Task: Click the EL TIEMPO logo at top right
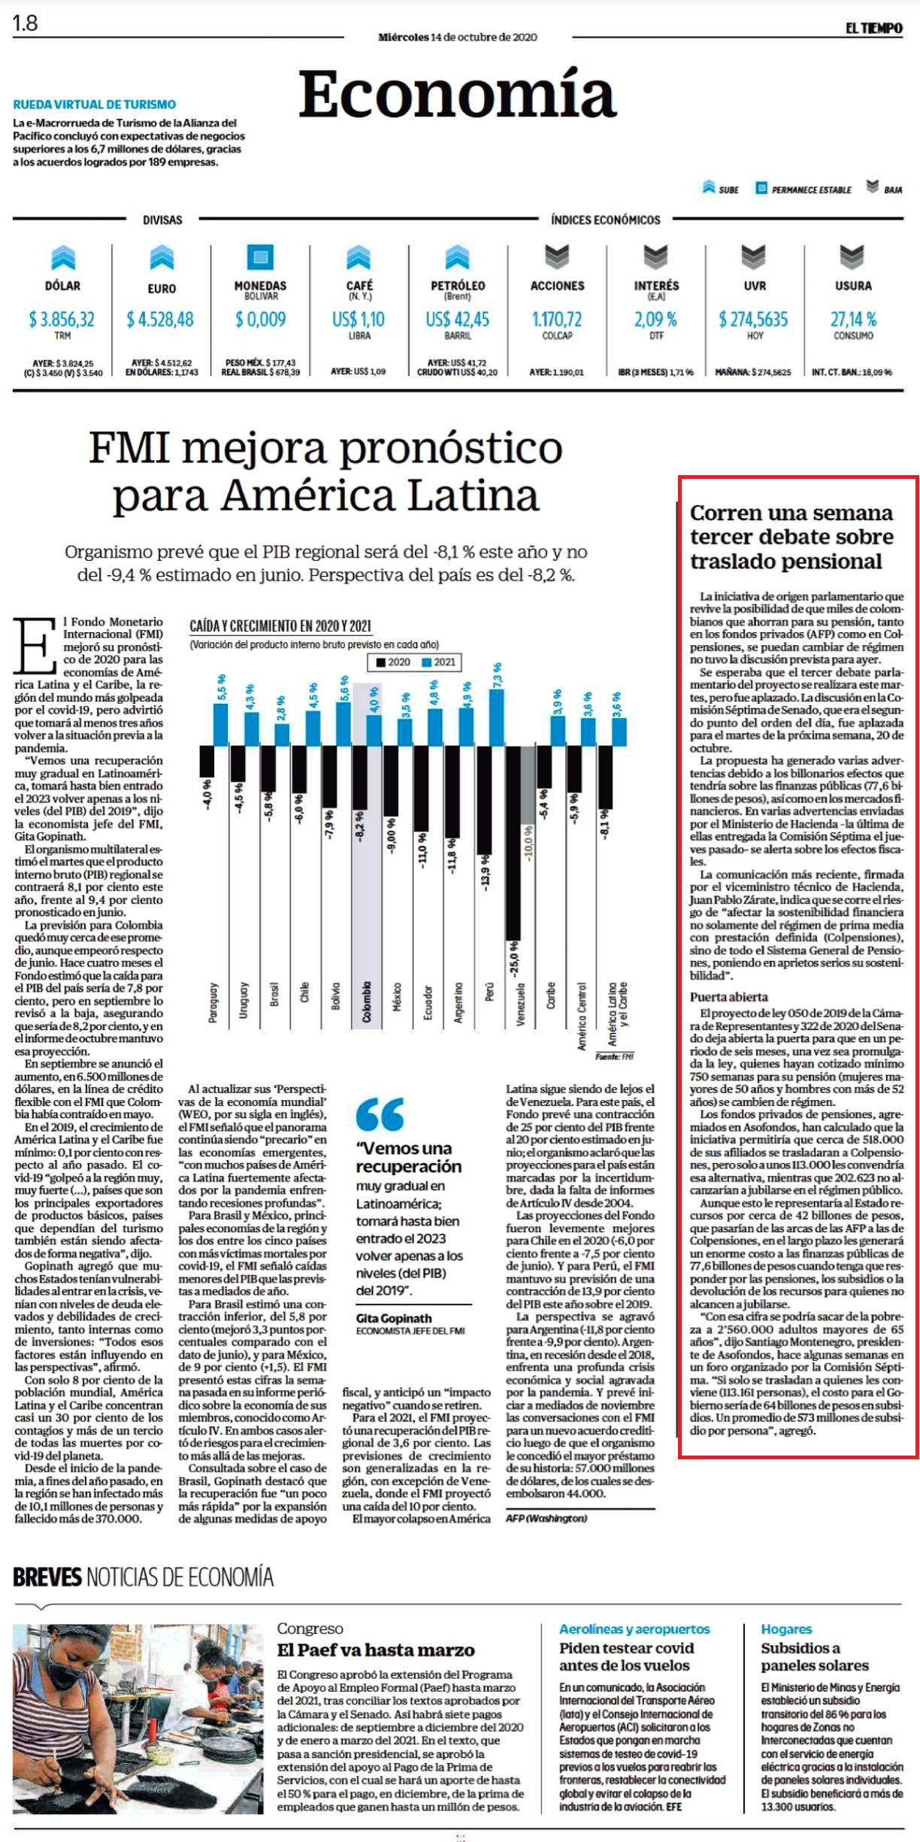pyautogui.click(x=873, y=29)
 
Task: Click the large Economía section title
pyautogui.click(x=457, y=94)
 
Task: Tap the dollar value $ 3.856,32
pyautogui.click(x=62, y=320)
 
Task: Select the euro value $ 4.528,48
pyautogui.click(x=160, y=320)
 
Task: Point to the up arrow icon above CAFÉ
pyautogui.click(x=359, y=258)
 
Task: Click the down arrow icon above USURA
pyautogui.click(x=852, y=257)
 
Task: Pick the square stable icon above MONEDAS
pyautogui.click(x=260, y=257)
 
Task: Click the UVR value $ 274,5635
pyautogui.click(x=753, y=320)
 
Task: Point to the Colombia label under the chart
pyautogui.click(x=367, y=1002)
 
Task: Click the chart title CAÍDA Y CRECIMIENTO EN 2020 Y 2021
pyautogui.click(x=280, y=626)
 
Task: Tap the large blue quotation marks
pyautogui.click(x=380, y=1114)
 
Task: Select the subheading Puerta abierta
pyautogui.click(x=729, y=997)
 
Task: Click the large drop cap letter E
pyautogui.click(x=35, y=646)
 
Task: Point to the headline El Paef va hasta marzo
pyautogui.click(x=376, y=1650)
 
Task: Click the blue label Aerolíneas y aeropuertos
pyautogui.click(x=634, y=1629)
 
